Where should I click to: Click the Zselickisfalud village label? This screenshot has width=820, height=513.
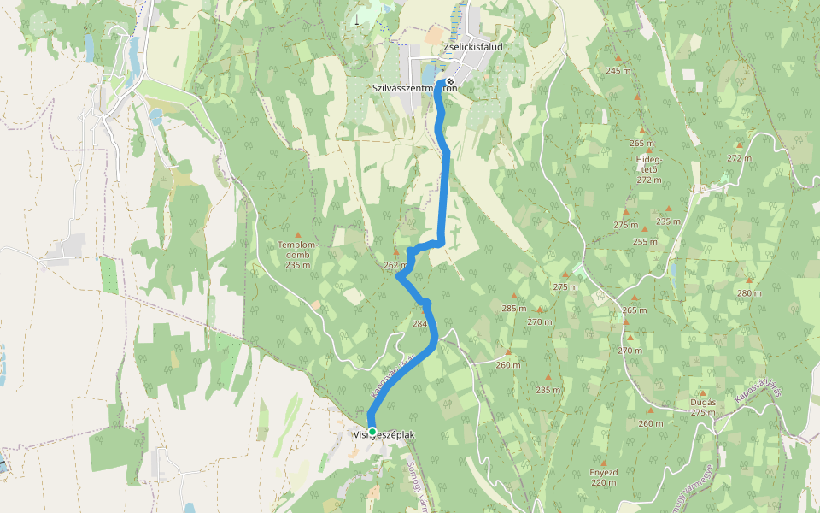[473, 46]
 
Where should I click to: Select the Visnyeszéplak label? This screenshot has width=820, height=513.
[384, 435]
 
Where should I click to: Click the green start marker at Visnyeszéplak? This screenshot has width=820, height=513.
[372, 431]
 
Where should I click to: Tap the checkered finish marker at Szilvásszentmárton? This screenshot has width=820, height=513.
[450, 82]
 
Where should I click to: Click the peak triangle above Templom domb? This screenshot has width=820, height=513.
[298, 234]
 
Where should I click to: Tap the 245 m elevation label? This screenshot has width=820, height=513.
[618, 70]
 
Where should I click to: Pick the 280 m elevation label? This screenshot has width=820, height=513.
[748, 293]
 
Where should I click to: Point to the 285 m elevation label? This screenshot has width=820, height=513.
[513, 308]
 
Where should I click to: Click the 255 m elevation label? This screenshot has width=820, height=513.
[645, 241]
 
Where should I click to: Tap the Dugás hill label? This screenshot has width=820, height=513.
[702, 402]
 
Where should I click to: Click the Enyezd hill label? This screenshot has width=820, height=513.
[603, 471]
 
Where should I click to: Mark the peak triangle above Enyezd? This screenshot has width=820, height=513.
[603, 459]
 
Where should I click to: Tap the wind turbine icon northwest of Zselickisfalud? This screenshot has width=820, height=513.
[356, 19]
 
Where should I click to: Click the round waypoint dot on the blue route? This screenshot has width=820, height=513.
[425, 304]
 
